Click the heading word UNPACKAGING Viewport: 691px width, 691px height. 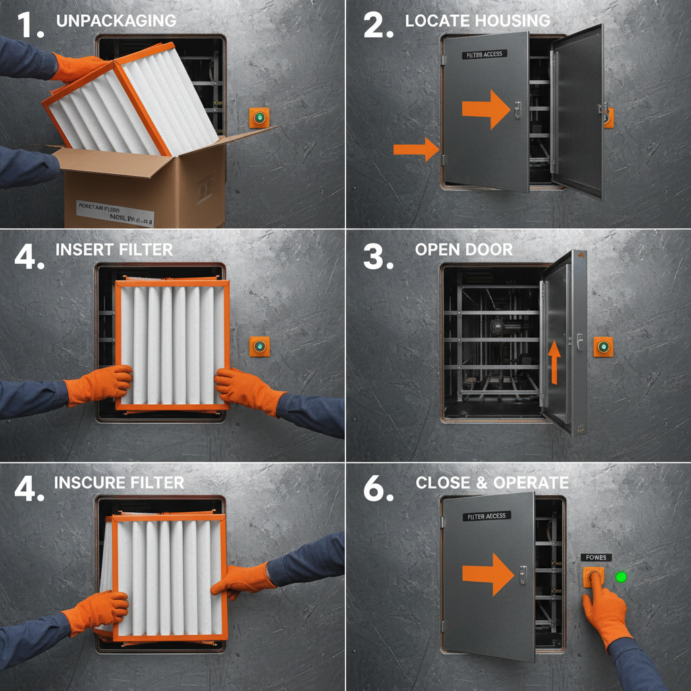(x=116, y=20)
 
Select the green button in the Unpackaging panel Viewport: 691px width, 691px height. (x=259, y=118)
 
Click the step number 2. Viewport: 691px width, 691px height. (x=378, y=25)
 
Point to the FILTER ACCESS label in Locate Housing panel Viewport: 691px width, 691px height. (x=484, y=54)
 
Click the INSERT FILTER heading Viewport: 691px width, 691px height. (x=114, y=250)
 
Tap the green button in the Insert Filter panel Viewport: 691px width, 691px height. (x=260, y=347)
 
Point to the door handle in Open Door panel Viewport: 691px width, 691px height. (x=579, y=341)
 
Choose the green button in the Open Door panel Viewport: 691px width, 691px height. (x=603, y=348)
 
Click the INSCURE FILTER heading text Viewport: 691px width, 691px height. (x=119, y=482)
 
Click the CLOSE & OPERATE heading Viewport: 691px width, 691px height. (x=492, y=482)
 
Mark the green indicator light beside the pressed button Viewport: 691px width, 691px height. (x=621, y=577)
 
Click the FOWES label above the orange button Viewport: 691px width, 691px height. (x=596, y=557)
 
